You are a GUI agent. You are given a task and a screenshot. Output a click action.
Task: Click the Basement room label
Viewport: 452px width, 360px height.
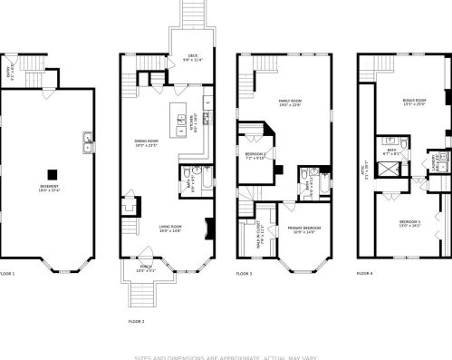49,189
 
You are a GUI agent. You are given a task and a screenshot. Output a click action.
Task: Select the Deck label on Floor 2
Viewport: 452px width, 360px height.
192,55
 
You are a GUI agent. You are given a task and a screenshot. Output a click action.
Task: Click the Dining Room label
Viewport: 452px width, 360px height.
146,143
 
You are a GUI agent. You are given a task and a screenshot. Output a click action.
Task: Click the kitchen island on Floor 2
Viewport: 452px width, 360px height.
178,118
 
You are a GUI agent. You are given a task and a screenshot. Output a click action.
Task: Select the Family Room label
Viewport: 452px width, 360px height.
288,105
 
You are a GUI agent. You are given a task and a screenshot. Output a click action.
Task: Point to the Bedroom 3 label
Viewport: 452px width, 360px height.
409,223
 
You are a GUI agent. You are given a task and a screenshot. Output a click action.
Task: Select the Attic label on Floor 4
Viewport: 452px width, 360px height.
366,170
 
